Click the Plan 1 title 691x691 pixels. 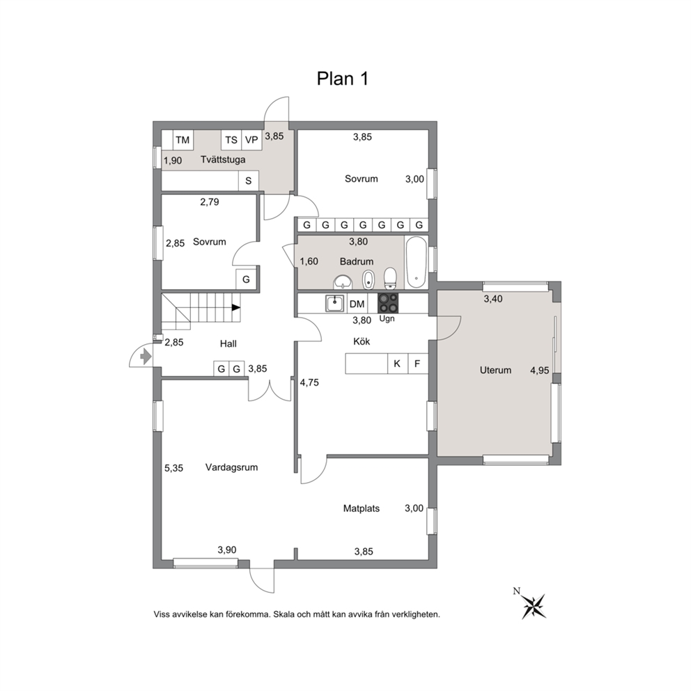343,79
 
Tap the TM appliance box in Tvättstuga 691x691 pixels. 183,140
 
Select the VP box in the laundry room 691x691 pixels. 251,140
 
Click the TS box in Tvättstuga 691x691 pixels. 231,140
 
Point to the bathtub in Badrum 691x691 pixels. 416,262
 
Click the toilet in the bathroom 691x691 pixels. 391,278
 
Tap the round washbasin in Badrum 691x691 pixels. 343,281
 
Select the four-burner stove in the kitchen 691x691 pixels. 388,303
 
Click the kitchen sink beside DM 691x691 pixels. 335,303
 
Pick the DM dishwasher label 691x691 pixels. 357,304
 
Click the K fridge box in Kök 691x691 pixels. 398,364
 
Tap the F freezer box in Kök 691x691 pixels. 418,364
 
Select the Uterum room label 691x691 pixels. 495,370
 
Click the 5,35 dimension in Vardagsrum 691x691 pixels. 173,468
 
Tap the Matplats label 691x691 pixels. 362,508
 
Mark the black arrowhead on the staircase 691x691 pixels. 236,308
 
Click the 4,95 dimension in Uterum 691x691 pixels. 539,371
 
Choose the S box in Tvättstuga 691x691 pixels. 249,180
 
